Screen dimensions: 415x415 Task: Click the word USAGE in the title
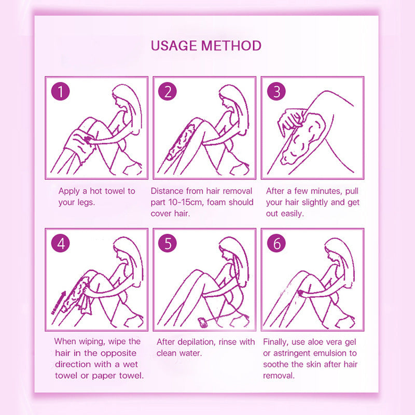click(174, 46)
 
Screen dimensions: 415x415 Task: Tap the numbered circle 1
click(61, 92)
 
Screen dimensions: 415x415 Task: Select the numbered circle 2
click(168, 92)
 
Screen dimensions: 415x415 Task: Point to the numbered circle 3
click(276, 92)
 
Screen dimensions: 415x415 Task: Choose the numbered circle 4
click(61, 244)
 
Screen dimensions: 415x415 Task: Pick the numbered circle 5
click(168, 244)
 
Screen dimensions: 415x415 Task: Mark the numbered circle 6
click(276, 244)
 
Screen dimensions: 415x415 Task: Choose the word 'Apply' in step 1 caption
click(70, 191)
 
